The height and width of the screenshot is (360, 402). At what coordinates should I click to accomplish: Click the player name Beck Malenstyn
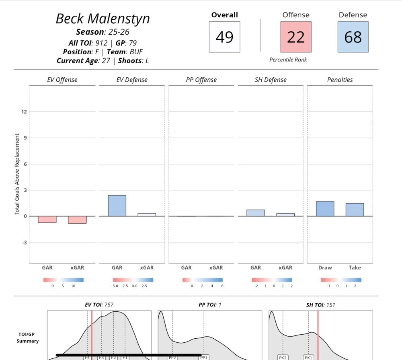(x=103, y=19)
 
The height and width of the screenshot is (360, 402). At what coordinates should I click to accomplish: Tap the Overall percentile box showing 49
(x=224, y=37)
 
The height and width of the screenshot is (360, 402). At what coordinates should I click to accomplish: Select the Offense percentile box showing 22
(x=295, y=37)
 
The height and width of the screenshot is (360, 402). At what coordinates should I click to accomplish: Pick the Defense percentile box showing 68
(x=353, y=37)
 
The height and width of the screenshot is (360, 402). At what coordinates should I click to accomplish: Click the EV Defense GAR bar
(x=117, y=206)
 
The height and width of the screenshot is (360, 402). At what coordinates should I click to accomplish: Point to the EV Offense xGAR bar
(x=77, y=220)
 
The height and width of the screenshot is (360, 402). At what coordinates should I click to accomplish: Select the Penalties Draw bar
(x=325, y=209)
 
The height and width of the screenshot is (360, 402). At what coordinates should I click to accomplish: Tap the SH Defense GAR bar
(x=256, y=213)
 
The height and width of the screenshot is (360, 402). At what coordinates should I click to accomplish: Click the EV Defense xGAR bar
(x=147, y=215)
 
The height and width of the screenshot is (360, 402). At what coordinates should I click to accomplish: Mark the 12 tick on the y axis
(x=24, y=111)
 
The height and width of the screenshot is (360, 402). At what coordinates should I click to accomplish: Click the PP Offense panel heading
(x=201, y=80)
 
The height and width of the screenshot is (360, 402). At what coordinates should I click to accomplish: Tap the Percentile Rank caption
(x=288, y=60)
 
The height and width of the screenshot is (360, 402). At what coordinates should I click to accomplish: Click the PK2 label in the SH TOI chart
(x=283, y=357)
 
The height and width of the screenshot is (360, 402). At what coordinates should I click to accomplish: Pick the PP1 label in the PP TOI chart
(x=204, y=357)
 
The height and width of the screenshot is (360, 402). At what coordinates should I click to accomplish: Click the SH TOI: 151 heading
(x=320, y=305)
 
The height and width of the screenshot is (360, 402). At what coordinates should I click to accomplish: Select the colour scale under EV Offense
(x=64, y=280)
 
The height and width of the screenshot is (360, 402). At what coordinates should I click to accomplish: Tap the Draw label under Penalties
(x=325, y=267)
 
